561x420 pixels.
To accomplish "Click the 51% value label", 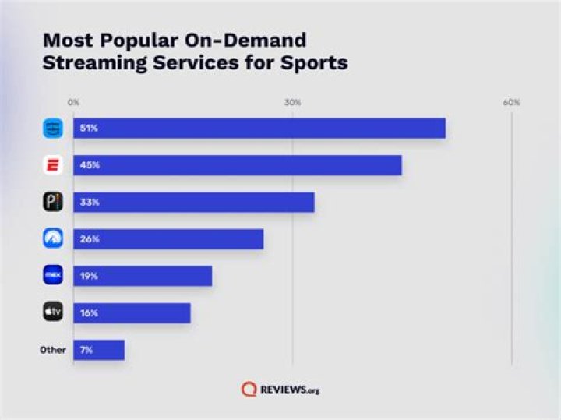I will click(x=88, y=128).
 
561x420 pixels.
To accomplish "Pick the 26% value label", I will click(x=88, y=239).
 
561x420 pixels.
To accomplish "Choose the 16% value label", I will click(x=88, y=313).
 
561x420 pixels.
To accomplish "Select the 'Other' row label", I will click(x=53, y=350).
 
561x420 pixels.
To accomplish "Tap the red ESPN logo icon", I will click(x=53, y=165).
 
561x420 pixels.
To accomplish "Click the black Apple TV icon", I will click(x=53, y=313).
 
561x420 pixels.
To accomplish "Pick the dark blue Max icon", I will click(x=53, y=276).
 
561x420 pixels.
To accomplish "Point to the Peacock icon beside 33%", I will click(x=53, y=202).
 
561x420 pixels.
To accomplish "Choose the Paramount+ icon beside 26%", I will click(x=53, y=239).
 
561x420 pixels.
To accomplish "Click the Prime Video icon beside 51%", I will click(x=53, y=128).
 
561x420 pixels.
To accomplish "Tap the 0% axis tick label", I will click(x=73, y=103).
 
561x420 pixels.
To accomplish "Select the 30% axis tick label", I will click(x=292, y=103).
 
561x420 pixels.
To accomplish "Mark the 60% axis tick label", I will click(x=511, y=103).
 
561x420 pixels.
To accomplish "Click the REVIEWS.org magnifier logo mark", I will click(x=249, y=388).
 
